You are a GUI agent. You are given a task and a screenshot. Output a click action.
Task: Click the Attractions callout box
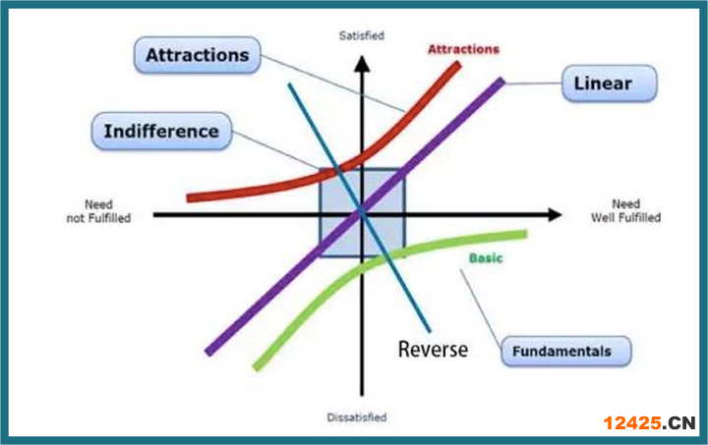[x=198, y=55]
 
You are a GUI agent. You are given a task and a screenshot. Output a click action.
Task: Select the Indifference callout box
[x=161, y=132]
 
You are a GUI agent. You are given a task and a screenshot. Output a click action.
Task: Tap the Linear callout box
[x=609, y=83]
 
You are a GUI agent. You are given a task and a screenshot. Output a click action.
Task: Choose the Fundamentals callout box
[x=566, y=352]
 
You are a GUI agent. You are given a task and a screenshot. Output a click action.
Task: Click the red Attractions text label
[x=464, y=49]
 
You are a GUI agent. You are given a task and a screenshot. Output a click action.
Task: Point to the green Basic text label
[x=486, y=258]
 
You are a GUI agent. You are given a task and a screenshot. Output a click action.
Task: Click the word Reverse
[x=433, y=350]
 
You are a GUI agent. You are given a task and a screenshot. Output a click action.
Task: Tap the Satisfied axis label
[x=362, y=35]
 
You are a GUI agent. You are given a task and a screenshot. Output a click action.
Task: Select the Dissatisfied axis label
[x=357, y=417]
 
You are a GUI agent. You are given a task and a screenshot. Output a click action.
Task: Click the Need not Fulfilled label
[x=99, y=211]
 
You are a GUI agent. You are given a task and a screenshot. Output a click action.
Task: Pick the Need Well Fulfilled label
[x=625, y=210]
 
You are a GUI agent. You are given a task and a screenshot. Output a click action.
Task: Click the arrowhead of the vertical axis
[x=362, y=63]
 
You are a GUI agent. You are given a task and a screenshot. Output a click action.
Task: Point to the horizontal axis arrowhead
[x=555, y=214]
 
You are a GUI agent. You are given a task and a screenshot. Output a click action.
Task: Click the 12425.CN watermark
[x=649, y=423]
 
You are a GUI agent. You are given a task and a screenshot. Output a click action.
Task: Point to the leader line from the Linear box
[x=533, y=83]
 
